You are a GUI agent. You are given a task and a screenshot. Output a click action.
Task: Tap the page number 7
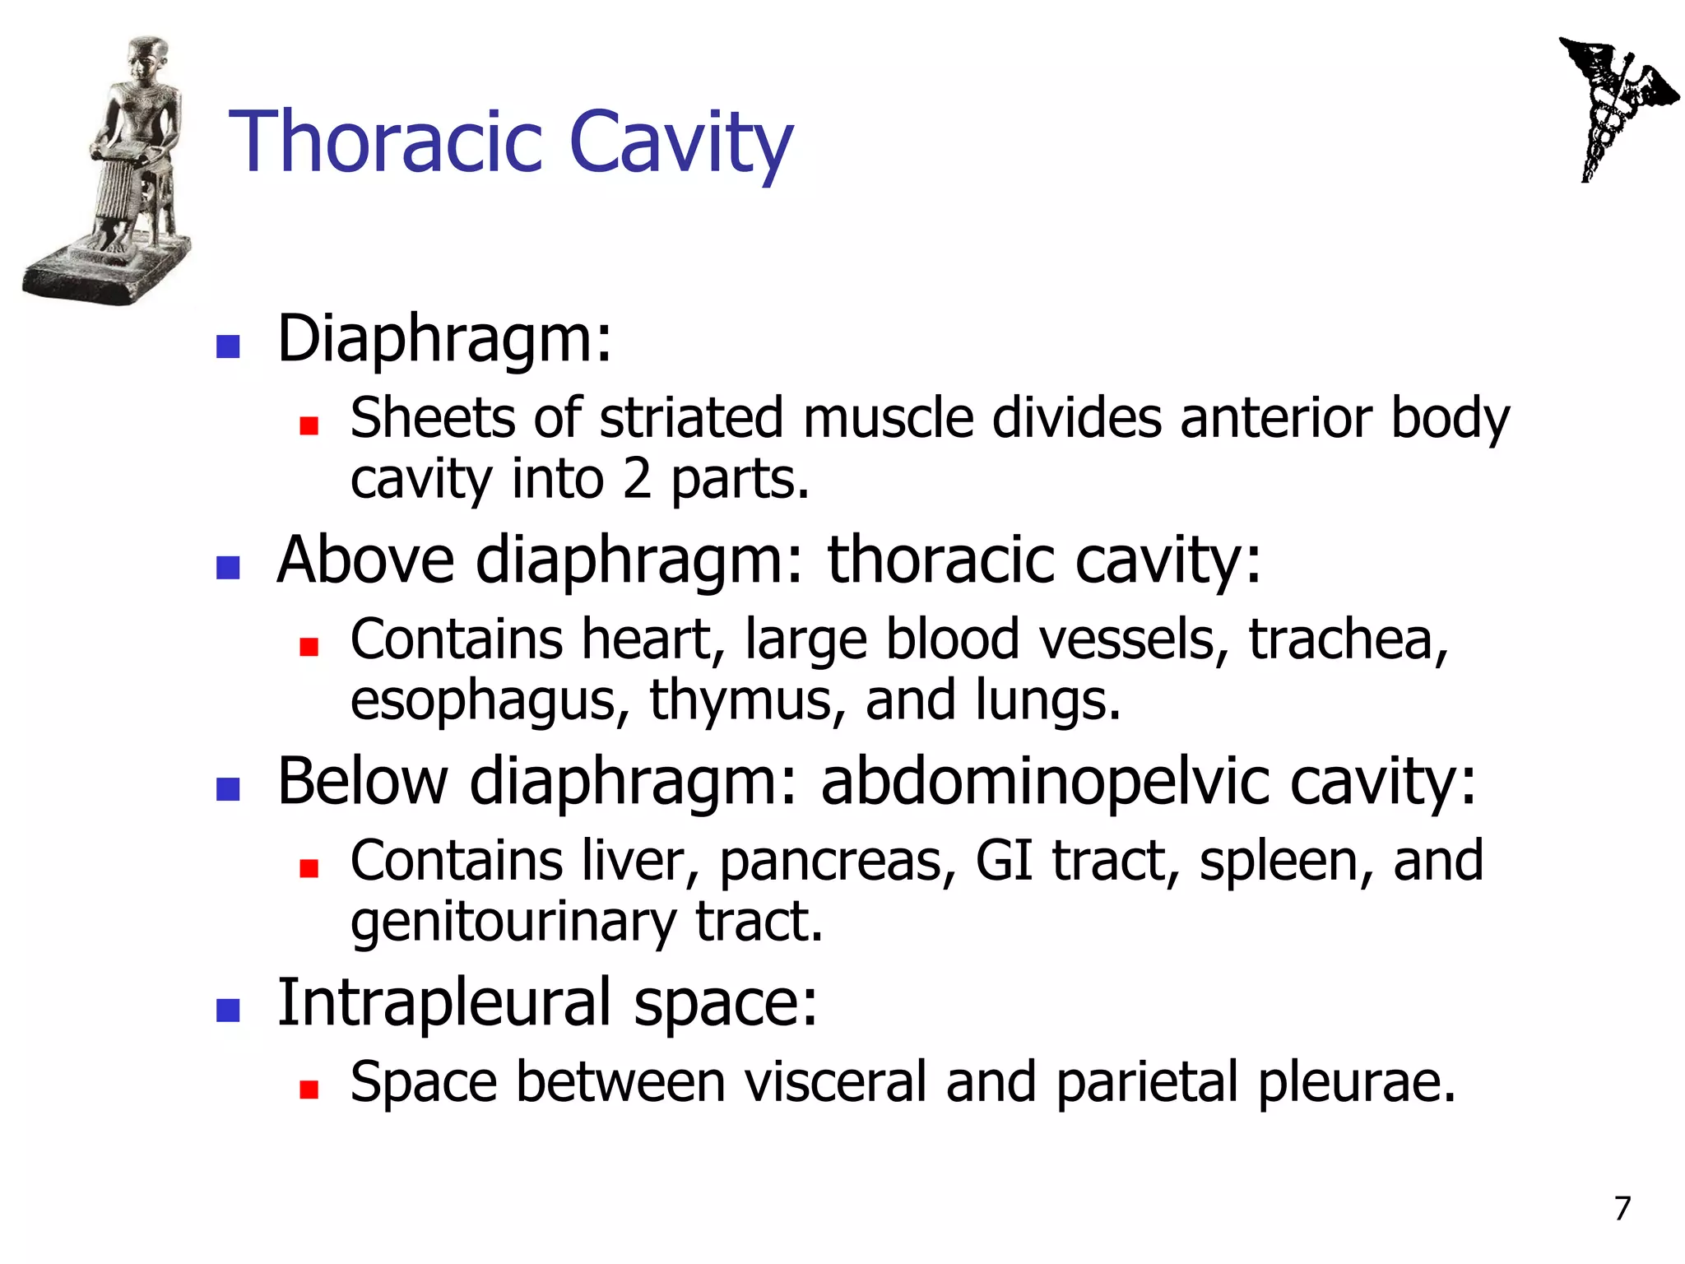[1622, 1208]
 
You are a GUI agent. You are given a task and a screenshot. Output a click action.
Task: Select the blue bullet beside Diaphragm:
[227, 346]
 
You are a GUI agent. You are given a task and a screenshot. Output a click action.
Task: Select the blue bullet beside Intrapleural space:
[227, 1010]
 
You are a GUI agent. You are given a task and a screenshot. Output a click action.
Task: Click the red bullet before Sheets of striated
[309, 425]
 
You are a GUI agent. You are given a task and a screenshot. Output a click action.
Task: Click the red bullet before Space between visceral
[309, 1090]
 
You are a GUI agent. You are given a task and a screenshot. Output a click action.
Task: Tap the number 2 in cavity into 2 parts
[637, 479]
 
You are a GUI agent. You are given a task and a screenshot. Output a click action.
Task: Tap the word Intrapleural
[444, 1002]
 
